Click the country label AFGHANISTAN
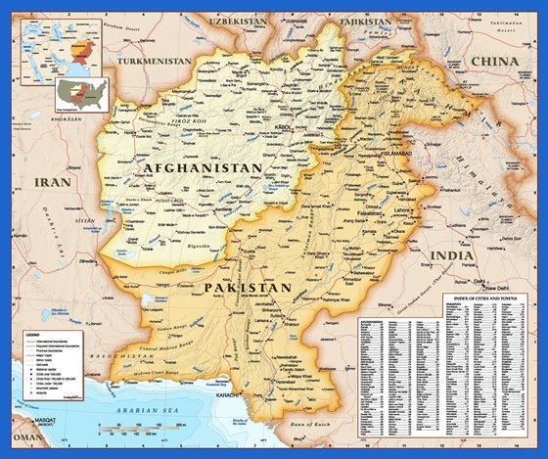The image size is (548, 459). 203,168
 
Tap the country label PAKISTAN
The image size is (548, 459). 249,288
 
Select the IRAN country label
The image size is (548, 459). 48,182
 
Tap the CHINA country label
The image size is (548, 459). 496,61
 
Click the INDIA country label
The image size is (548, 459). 452,255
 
